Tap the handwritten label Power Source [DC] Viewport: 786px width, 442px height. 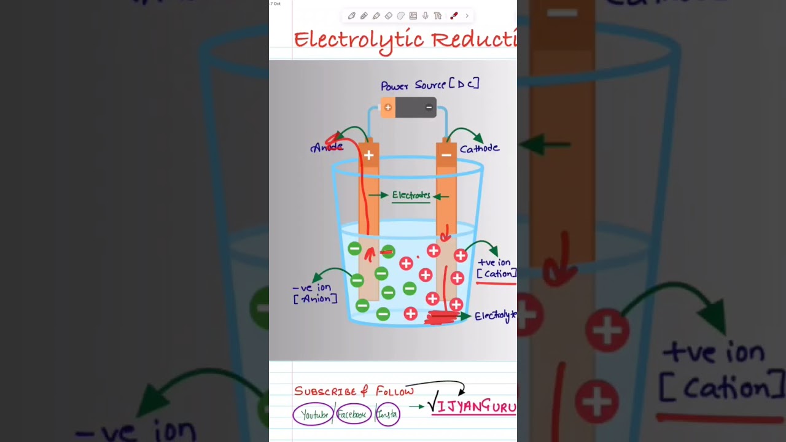pyautogui.click(x=429, y=85)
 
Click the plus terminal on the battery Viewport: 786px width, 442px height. pyautogui.click(x=387, y=107)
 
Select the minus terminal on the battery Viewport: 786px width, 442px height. pyautogui.click(x=429, y=107)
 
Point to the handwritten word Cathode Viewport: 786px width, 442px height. pyautogui.click(x=479, y=149)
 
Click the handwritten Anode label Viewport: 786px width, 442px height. pyautogui.click(x=327, y=147)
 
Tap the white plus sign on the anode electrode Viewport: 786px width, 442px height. pyautogui.click(x=368, y=155)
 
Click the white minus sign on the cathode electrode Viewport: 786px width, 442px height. pyautogui.click(x=446, y=155)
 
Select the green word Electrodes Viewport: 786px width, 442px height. pyautogui.click(x=411, y=195)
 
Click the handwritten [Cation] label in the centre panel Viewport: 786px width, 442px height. pyautogui.click(x=496, y=274)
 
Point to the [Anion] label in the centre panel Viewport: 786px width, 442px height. pyautogui.click(x=315, y=299)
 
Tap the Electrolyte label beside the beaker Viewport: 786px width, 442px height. pyautogui.click(x=495, y=316)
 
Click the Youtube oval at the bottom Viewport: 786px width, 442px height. pyautogui.click(x=313, y=414)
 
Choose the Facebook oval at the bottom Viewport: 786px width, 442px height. pyautogui.click(x=354, y=414)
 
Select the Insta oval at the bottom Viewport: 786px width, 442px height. pyautogui.click(x=387, y=414)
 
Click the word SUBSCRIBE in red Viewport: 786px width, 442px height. pyautogui.click(x=325, y=392)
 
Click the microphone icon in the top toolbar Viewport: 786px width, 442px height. pyautogui.click(x=425, y=16)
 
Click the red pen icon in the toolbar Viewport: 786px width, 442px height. pyautogui.click(x=454, y=16)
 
